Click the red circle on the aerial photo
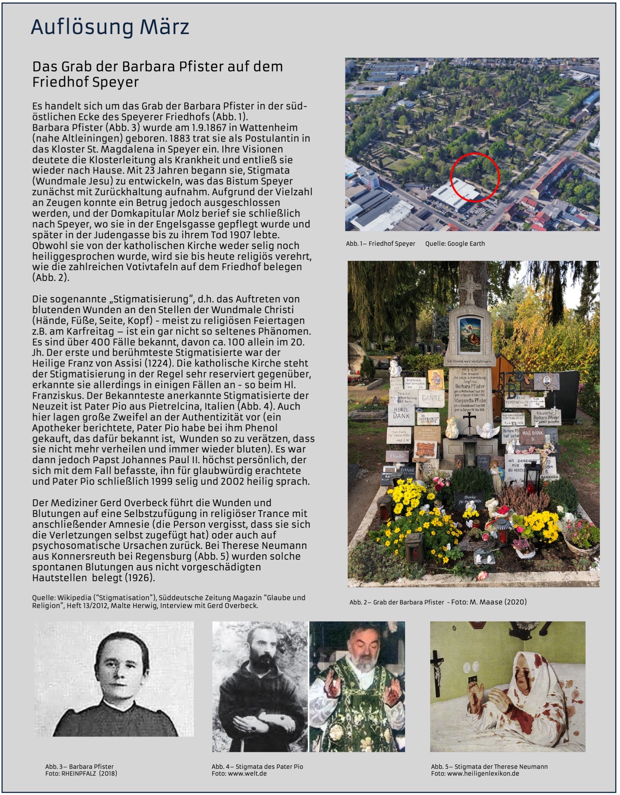pos(475,178)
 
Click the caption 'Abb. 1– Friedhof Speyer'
pos(380,244)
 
